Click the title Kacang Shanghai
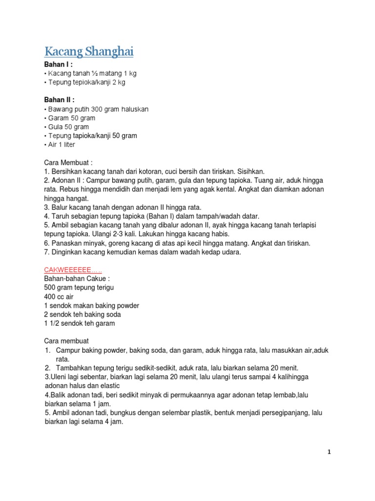pos(89,51)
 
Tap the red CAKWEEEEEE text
pos(73,270)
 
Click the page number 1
pos(329,452)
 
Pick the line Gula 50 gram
pos(68,127)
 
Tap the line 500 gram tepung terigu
pos(79,288)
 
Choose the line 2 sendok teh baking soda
pos(82,315)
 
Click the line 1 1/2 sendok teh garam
pos(80,323)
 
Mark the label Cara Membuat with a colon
pos(68,162)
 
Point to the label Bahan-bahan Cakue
pos(78,278)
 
